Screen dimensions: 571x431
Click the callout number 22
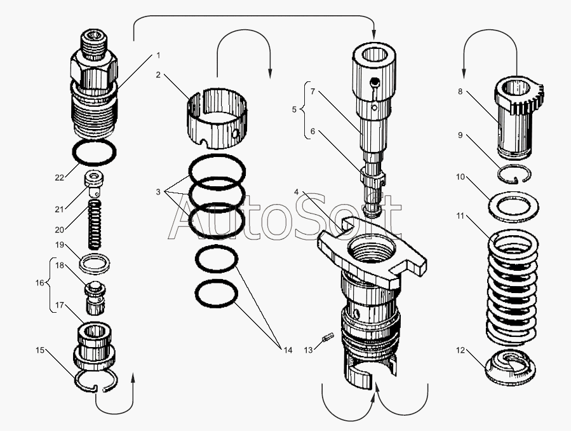tap(60, 178)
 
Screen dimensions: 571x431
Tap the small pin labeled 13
tap(326, 337)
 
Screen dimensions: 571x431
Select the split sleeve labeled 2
tap(217, 118)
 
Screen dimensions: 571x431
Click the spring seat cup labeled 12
tap(511, 367)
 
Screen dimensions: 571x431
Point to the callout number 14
tap(288, 350)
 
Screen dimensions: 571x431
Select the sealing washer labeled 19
tap(95, 263)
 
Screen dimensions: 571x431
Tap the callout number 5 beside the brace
tap(294, 109)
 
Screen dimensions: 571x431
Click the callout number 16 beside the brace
tap(39, 283)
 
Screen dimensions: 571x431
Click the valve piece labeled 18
tap(95, 298)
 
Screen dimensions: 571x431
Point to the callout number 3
tap(158, 191)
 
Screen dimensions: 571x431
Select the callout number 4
tap(297, 191)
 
